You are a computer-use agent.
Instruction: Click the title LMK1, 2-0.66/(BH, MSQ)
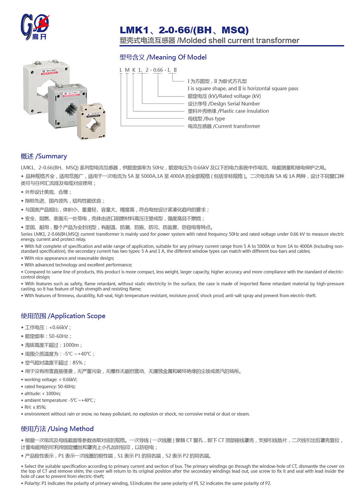pos(184,30)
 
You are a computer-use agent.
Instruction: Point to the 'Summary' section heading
pos(44,156)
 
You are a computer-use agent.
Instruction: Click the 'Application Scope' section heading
pos(63,316)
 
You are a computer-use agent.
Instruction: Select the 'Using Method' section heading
pos(57,429)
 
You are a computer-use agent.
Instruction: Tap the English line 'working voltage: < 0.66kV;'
pos(51,380)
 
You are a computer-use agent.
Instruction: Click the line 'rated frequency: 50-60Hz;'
pos(50,387)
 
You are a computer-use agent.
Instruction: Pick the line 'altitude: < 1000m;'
pos(42,393)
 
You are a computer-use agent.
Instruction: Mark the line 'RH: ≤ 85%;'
pos(35,407)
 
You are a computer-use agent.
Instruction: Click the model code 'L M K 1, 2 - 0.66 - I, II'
pos(148,70)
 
